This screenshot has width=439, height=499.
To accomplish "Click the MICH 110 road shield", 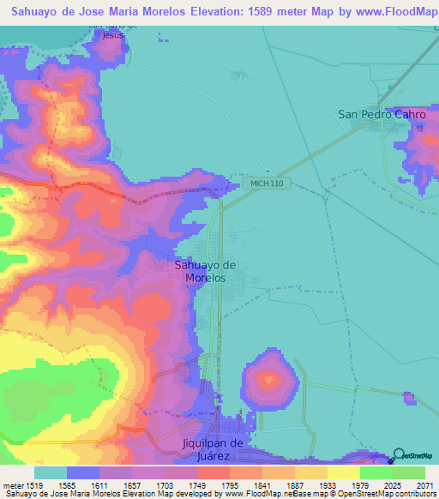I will pos(267,183).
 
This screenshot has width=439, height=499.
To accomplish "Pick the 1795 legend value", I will pos(230,484).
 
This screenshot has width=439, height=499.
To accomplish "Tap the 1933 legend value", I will pos(328,484).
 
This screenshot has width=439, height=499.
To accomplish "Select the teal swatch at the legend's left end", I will pos(50,472).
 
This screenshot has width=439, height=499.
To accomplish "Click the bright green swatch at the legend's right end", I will pos(409,472).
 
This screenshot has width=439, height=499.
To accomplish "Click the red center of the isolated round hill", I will pos(270,379).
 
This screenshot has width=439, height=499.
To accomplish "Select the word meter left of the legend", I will pos(10,484).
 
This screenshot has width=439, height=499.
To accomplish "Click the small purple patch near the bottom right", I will pos(409,398).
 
